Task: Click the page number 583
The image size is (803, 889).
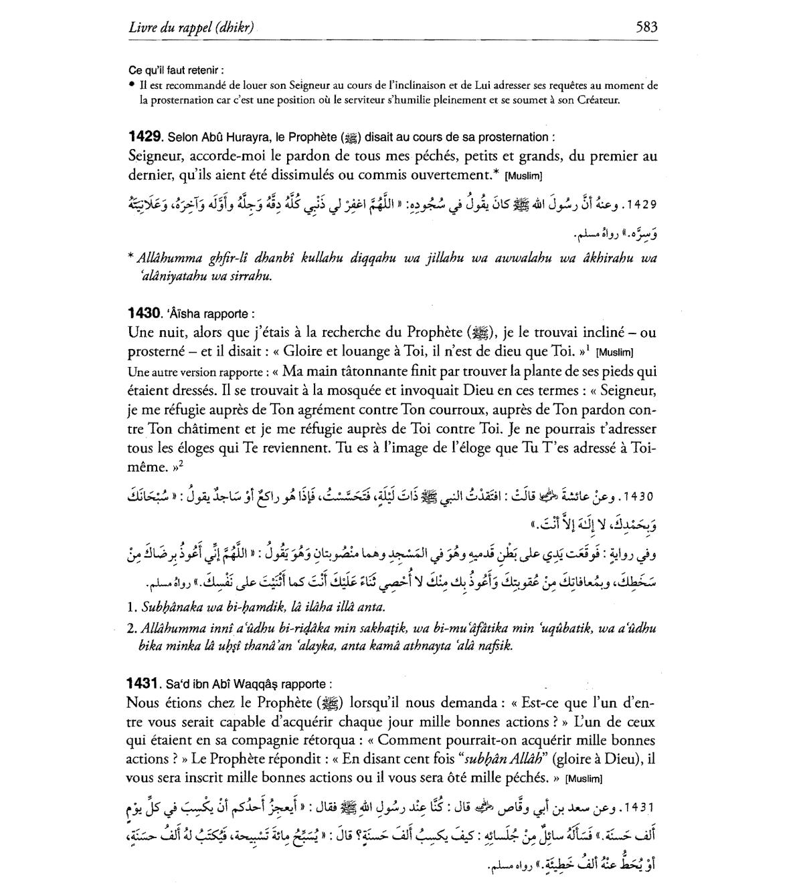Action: [646, 27]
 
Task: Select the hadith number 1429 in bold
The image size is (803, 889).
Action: [144, 136]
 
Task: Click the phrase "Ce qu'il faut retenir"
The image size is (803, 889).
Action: [175, 70]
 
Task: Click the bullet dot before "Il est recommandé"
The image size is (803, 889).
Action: [132, 86]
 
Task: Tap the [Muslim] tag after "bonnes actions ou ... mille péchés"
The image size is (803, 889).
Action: [584, 779]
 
